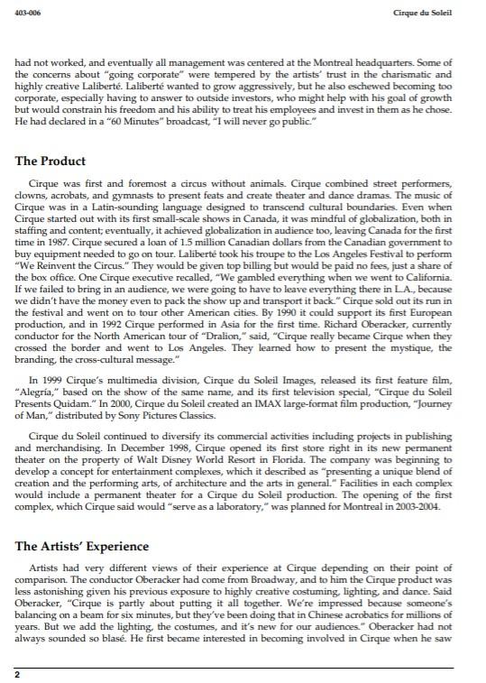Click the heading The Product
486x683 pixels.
50,162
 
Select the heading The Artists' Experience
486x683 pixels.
82,547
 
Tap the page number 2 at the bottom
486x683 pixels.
17,673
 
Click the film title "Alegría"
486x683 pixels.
36,394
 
